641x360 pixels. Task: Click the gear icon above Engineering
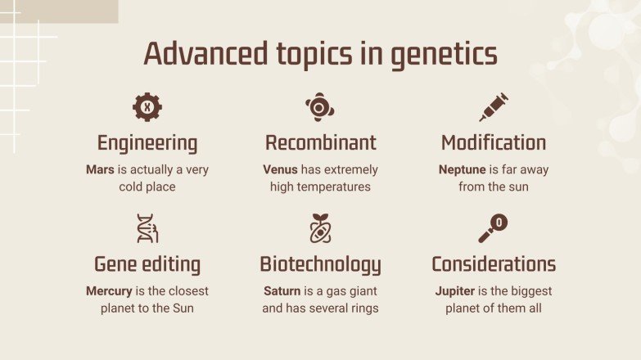click(x=147, y=107)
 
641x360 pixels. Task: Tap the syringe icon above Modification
click(x=494, y=107)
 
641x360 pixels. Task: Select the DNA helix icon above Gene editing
click(x=147, y=228)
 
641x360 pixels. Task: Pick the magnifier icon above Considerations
click(x=493, y=228)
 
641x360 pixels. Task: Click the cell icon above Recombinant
click(x=320, y=107)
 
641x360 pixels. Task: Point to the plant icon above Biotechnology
click(x=320, y=228)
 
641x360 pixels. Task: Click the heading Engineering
click(x=147, y=143)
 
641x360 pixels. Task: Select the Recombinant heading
click(x=320, y=143)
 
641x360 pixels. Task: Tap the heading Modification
click(x=494, y=143)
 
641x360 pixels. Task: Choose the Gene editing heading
click(x=147, y=264)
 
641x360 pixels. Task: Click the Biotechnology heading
click(x=320, y=264)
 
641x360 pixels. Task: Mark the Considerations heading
click(x=494, y=264)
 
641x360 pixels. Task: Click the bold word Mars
click(x=100, y=170)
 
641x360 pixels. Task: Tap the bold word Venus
click(x=280, y=170)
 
